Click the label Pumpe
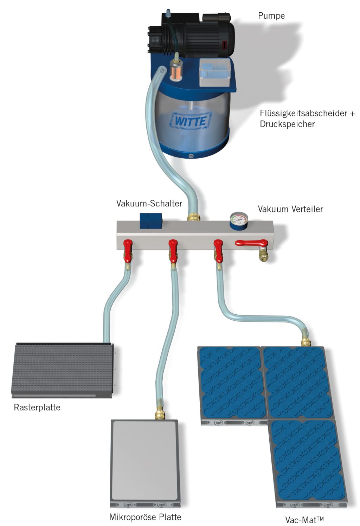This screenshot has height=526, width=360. click(271, 16)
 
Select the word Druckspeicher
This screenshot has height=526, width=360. click(287, 124)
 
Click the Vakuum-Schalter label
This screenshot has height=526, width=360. click(149, 203)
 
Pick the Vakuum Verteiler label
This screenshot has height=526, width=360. click(290, 209)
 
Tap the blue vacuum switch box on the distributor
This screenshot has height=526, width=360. click(151, 221)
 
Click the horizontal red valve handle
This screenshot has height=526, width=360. click(251, 243)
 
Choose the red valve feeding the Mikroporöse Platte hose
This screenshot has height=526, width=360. click(173, 250)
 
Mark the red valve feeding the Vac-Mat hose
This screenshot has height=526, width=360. click(218, 250)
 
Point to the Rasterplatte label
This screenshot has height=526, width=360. click(37, 408)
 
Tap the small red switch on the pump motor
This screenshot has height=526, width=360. click(224, 45)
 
